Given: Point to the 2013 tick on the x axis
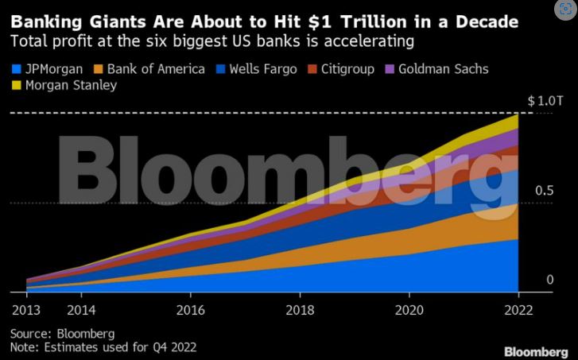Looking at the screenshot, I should pos(26,309).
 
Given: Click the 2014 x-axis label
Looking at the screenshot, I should pos(82,309).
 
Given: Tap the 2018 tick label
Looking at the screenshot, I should pos(299,309).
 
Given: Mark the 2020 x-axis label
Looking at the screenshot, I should pos(409,309).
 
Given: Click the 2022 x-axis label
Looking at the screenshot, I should pos(518,309).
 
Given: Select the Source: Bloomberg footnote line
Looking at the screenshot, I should pos(63,333).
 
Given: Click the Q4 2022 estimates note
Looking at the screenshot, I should pos(103,346).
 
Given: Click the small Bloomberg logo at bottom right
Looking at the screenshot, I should pos(537,350).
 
